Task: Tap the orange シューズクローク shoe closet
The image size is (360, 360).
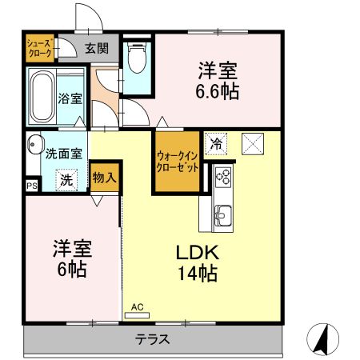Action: [x=39, y=48]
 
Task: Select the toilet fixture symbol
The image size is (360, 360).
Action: [x=138, y=57]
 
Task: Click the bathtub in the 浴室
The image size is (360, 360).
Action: [x=42, y=97]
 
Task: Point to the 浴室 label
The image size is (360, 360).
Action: [x=70, y=98]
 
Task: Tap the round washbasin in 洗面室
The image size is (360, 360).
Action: [x=33, y=145]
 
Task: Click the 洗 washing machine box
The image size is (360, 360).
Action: [x=67, y=179]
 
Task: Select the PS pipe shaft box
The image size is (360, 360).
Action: [x=31, y=186]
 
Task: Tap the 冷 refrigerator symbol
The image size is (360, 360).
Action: [x=216, y=144]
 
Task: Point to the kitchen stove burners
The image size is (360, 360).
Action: [x=222, y=176]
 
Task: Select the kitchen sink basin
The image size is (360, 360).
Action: [x=222, y=214]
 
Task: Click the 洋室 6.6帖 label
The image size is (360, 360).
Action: [x=218, y=80]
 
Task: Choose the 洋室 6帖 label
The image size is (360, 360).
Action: [x=71, y=258]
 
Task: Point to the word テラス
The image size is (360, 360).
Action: [x=152, y=339]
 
